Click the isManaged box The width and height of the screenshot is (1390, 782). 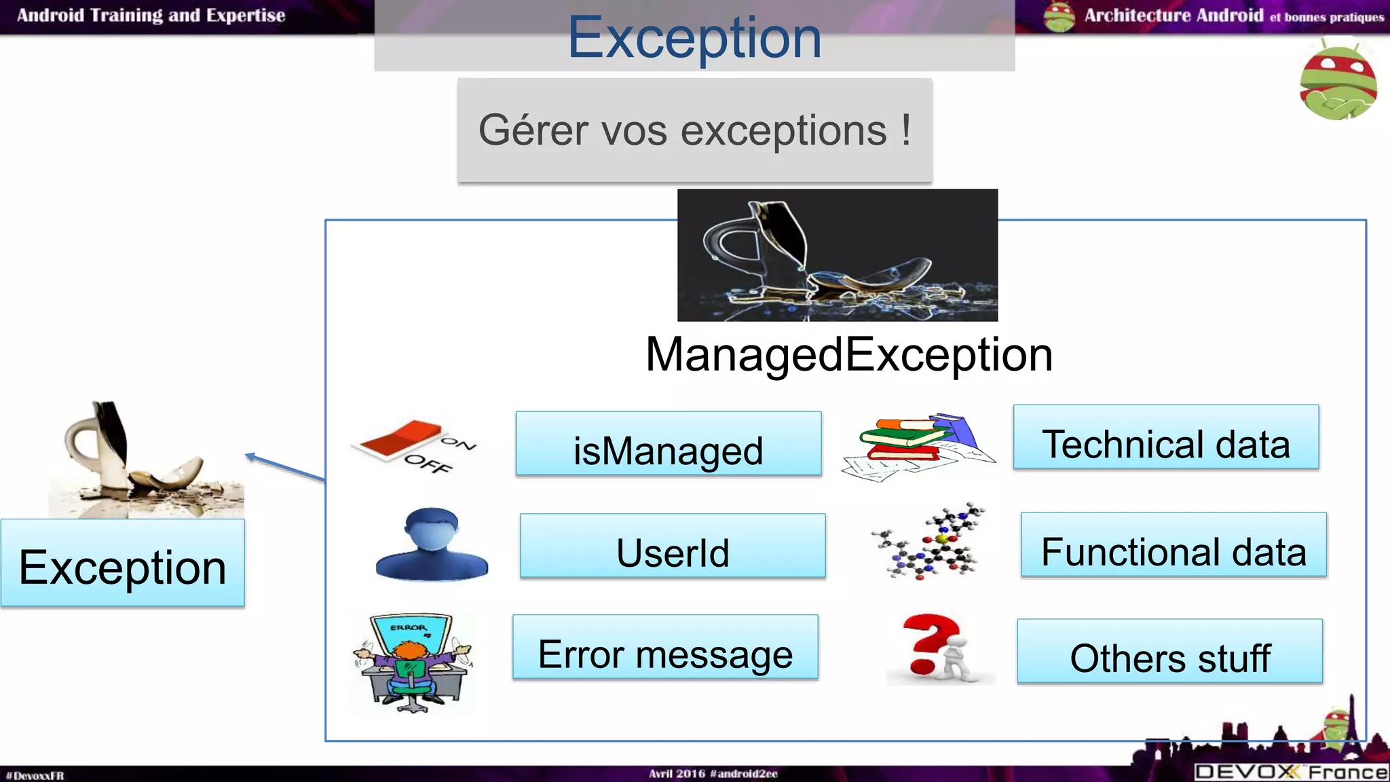669,444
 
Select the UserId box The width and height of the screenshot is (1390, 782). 673,546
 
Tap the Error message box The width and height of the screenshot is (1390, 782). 665,647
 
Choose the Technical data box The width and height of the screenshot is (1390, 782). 1166,437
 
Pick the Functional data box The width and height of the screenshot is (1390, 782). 1173,545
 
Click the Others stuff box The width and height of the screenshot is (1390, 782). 1169,651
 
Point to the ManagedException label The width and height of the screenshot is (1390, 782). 849,354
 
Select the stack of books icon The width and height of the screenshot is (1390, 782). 918,445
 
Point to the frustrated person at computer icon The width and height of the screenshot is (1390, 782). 412,662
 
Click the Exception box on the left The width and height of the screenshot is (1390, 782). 123,563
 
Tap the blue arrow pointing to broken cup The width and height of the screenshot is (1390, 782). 285,467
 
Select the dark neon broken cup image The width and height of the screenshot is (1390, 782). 837,255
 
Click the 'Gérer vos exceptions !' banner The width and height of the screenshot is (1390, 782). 694,130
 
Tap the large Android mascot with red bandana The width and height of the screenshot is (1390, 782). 1338,80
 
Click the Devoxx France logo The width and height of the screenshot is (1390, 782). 1291,772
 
